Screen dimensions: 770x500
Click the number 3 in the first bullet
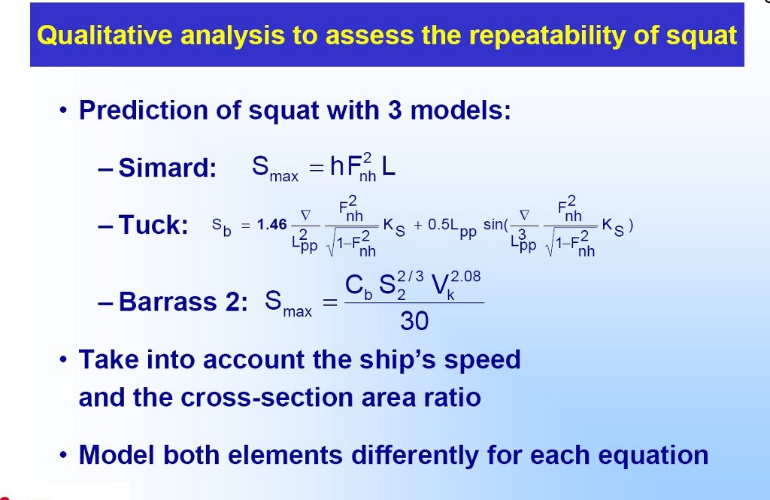(x=394, y=110)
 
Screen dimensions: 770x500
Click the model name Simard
(x=168, y=168)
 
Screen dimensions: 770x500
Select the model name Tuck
(x=153, y=225)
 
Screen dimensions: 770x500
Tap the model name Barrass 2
(x=183, y=301)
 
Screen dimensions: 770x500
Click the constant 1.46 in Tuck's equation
(x=271, y=225)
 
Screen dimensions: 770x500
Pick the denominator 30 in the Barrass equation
(x=414, y=321)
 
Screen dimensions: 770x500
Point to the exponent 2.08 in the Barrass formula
(x=465, y=277)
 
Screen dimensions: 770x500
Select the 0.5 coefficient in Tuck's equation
(x=438, y=225)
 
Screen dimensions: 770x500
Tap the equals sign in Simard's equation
(x=317, y=168)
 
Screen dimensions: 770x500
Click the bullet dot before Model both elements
(x=62, y=456)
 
